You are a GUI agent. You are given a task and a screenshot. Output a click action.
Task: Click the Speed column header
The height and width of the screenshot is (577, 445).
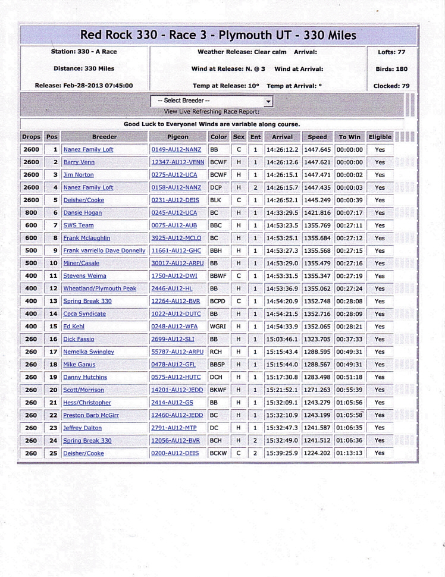pos(317,137)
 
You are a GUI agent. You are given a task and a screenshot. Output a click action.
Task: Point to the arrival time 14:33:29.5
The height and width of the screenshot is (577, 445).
pos(282,213)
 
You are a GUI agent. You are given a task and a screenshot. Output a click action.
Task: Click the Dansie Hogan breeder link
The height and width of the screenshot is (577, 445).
pos(82,213)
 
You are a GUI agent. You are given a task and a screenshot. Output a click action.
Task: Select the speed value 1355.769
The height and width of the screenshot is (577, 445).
pos(317,225)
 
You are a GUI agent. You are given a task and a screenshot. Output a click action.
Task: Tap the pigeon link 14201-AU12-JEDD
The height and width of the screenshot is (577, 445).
pos(177,390)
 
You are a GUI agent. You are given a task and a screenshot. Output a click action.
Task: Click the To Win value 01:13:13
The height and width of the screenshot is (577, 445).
pos(349,453)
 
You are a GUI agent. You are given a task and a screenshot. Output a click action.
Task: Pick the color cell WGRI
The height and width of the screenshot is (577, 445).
pos(218,327)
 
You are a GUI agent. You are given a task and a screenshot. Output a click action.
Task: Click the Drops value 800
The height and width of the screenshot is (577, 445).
pos(32,213)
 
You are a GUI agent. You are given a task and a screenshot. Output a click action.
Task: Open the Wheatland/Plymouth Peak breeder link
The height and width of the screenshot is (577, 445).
pos(99,288)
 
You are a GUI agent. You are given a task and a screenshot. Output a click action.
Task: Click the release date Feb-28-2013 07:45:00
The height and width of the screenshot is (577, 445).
pos(84,85)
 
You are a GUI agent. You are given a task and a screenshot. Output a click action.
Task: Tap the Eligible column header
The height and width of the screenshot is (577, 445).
pos(380,137)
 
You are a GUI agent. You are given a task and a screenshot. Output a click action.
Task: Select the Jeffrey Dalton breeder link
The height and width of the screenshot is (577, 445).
pos(82,428)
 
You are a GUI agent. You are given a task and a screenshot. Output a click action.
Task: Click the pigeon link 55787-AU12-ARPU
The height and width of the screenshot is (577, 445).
pos(177,352)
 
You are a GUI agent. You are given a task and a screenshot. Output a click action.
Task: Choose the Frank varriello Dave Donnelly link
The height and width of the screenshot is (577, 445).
pos(104,251)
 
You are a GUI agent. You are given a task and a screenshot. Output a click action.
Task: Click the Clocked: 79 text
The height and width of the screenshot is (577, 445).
pos(391,85)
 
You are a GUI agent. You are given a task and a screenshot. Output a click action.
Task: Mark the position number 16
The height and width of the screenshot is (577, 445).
pos(53,339)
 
